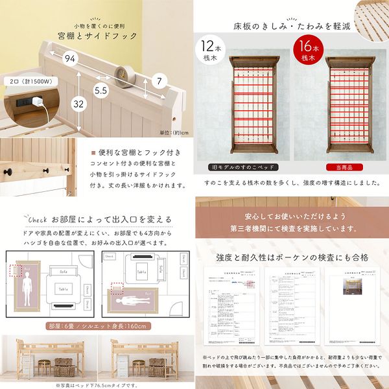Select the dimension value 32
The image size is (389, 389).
coord(78,102)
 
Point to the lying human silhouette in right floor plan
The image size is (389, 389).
coord(132,302)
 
